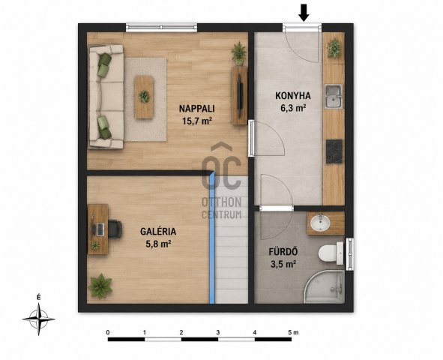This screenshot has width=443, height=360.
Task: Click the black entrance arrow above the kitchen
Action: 304,13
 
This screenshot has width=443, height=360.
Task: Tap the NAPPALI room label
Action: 197,109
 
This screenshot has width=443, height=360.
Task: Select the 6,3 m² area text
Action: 293,108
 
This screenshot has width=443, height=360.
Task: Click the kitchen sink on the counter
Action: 334,96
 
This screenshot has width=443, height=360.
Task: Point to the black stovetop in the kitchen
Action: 334,151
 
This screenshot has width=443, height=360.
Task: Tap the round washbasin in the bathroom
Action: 320,223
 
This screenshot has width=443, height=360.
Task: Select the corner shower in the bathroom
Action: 325,286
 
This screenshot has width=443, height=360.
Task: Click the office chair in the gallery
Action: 115,229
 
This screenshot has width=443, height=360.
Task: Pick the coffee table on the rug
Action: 144,97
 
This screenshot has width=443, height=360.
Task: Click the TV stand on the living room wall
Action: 240,95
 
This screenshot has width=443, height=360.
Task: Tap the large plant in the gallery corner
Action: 100,286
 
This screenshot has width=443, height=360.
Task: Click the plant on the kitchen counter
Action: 334,48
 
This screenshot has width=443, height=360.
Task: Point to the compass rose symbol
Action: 39,319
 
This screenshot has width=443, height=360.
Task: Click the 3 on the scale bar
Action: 218,332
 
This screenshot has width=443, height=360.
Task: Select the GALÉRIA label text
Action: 158,232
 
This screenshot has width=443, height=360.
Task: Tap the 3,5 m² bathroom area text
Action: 283,264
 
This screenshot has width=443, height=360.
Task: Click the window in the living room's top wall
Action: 161,28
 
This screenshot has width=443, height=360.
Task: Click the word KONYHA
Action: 293,96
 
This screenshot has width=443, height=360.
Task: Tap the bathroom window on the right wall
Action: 350,254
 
